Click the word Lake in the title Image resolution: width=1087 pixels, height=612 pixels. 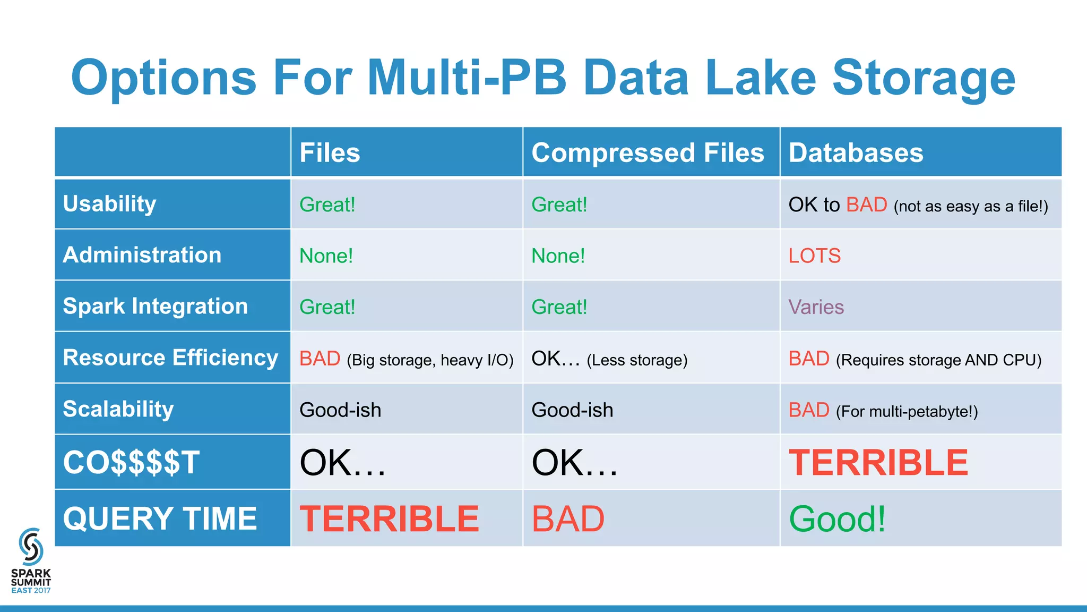(760, 78)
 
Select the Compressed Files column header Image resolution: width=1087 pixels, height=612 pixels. (648, 153)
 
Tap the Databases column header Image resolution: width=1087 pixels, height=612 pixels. (856, 153)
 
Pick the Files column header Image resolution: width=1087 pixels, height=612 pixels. (330, 153)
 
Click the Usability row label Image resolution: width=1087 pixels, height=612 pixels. (110, 204)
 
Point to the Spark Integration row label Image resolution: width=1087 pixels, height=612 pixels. (156, 306)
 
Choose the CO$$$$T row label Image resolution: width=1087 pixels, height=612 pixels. (131, 462)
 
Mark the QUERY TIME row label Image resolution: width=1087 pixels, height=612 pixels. (160, 518)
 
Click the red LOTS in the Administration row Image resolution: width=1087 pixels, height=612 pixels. (814, 256)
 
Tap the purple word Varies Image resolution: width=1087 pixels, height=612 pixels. (816, 307)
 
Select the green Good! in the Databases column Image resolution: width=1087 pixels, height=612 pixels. (837, 519)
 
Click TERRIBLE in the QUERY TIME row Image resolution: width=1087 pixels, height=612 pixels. (389, 519)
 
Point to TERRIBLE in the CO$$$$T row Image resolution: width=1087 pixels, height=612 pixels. (878, 463)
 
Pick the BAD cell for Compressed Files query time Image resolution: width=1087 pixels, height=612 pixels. (568, 519)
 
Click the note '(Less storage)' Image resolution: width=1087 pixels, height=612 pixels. (637, 360)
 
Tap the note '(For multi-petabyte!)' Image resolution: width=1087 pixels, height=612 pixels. (907, 412)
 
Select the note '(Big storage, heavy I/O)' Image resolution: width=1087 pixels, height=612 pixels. (430, 360)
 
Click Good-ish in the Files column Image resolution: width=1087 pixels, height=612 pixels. (340, 410)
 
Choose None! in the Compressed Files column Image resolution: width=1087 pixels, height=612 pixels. (558, 256)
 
